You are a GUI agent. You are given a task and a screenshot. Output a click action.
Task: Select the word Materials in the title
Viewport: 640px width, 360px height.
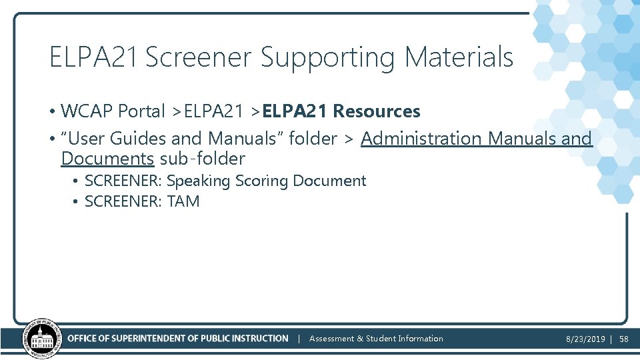(459, 57)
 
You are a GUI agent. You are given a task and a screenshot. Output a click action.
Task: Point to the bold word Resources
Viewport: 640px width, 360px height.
(377, 111)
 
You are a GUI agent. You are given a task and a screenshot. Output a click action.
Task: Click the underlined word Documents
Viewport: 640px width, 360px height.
(107, 159)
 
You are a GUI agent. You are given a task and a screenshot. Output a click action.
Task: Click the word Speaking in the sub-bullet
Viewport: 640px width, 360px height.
(198, 181)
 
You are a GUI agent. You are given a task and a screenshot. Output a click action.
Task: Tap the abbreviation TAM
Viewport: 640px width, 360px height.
(183, 201)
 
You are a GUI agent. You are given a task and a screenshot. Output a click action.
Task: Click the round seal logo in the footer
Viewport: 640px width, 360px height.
(41, 338)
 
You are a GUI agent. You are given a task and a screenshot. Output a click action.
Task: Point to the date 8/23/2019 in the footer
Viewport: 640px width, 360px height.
(585, 339)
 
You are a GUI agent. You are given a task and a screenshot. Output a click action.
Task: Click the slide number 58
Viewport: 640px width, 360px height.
(624, 339)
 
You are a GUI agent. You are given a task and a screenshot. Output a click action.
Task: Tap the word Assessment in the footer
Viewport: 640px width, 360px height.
(331, 339)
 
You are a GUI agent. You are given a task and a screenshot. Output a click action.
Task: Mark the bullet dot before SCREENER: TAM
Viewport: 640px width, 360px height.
(77, 201)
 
